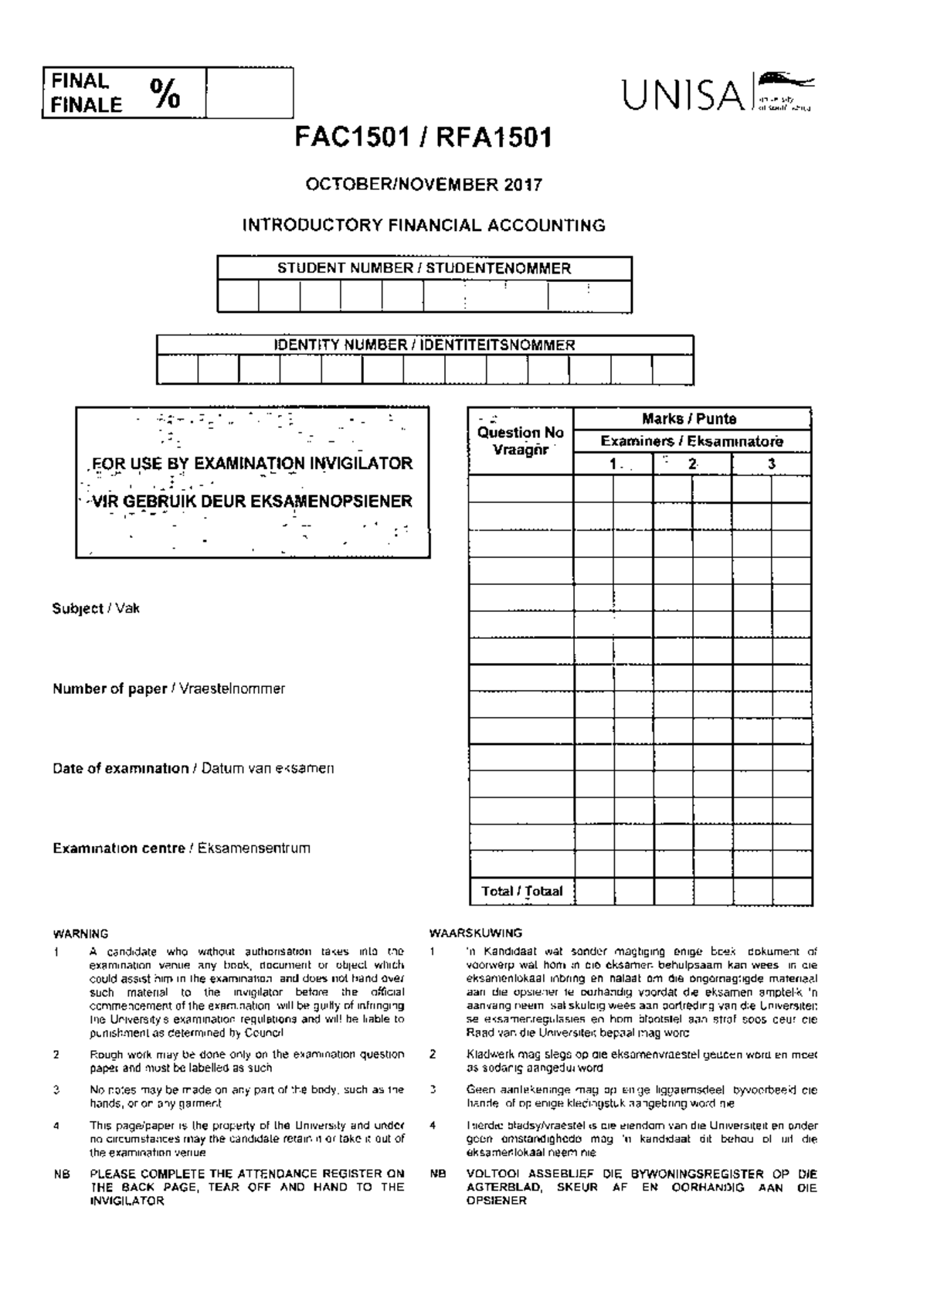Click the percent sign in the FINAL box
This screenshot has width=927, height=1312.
click(165, 93)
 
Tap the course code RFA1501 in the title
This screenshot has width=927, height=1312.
click(494, 138)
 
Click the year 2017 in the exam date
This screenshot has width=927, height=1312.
click(524, 185)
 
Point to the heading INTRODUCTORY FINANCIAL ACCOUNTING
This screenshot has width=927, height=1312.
click(423, 226)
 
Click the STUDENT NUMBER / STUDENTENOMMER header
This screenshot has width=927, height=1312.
click(424, 269)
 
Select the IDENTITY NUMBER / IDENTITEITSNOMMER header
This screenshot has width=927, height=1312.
click(425, 345)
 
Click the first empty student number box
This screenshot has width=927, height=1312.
click(238, 297)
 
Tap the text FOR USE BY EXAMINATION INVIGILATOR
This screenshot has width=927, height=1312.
click(251, 464)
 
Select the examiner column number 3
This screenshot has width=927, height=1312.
click(771, 464)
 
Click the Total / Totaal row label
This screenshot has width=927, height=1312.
click(521, 891)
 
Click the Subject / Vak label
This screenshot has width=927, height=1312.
click(96, 609)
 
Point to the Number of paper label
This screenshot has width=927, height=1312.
click(110, 688)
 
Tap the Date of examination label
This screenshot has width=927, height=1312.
click(121, 769)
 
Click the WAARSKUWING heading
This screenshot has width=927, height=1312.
click(475, 933)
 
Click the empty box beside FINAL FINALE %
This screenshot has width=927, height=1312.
click(250, 93)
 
